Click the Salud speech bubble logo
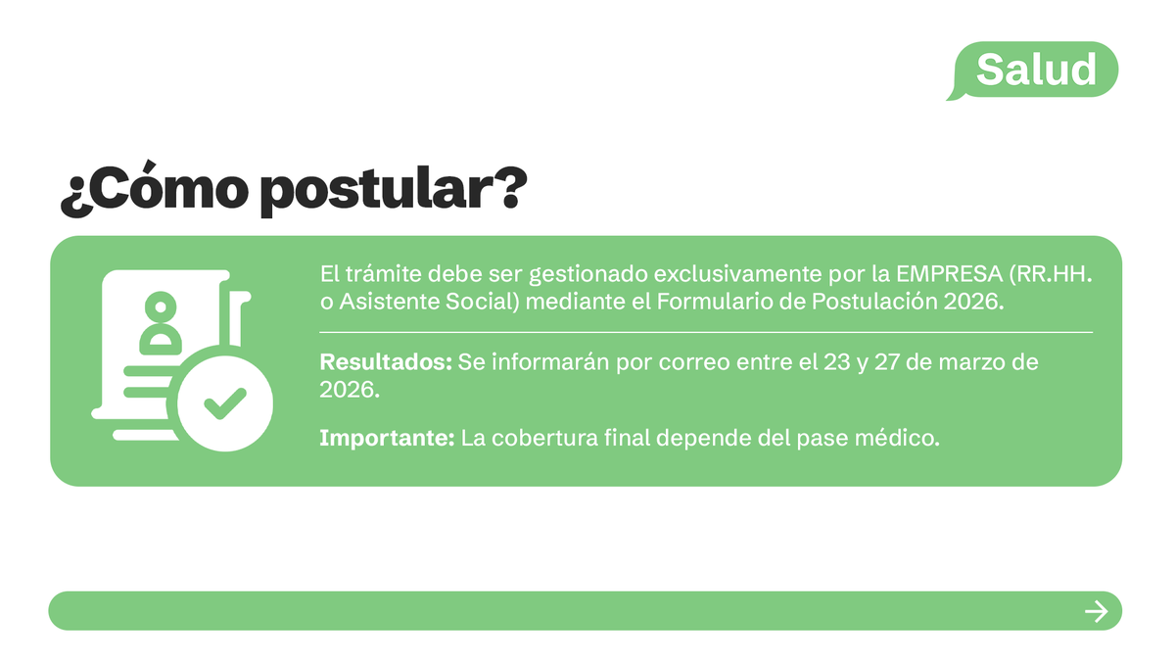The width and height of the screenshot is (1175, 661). click(x=1035, y=70)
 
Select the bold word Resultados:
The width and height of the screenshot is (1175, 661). click(x=386, y=362)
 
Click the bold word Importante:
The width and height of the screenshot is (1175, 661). click(x=387, y=438)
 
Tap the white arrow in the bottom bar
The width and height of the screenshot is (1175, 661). click(x=1096, y=612)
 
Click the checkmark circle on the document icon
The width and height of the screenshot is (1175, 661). click(x=224, y=400)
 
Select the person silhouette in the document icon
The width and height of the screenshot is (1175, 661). click(x=161, y=324)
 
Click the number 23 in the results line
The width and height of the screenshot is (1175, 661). click(x=837, y=362)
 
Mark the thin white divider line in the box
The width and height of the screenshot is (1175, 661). click(x=705, y=333)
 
